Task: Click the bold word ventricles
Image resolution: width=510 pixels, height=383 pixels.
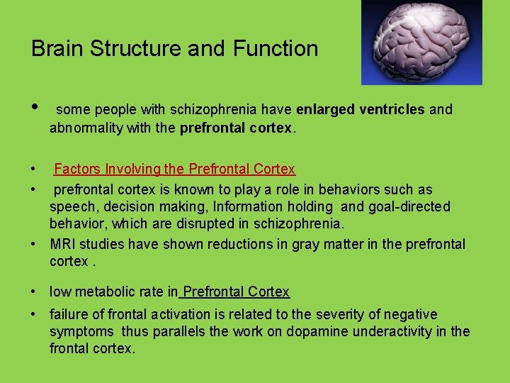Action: click(x=391, y=110)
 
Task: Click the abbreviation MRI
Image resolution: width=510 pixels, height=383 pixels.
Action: click(x=63, y=244)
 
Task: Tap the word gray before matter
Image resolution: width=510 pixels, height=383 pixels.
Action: click(x=285, y=244)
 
